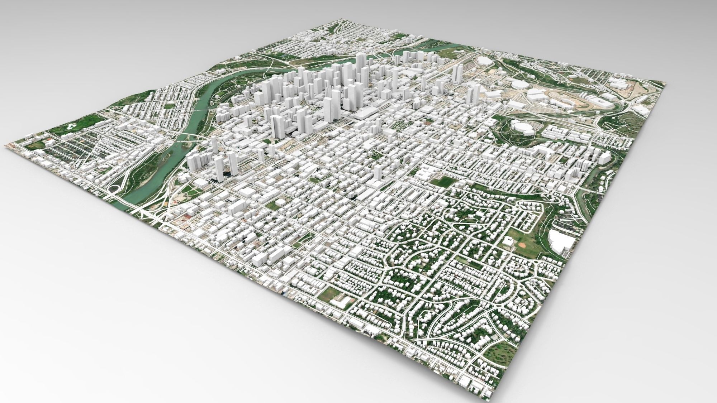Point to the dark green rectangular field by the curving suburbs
441,181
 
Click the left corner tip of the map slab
5,145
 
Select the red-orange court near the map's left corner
47,142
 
